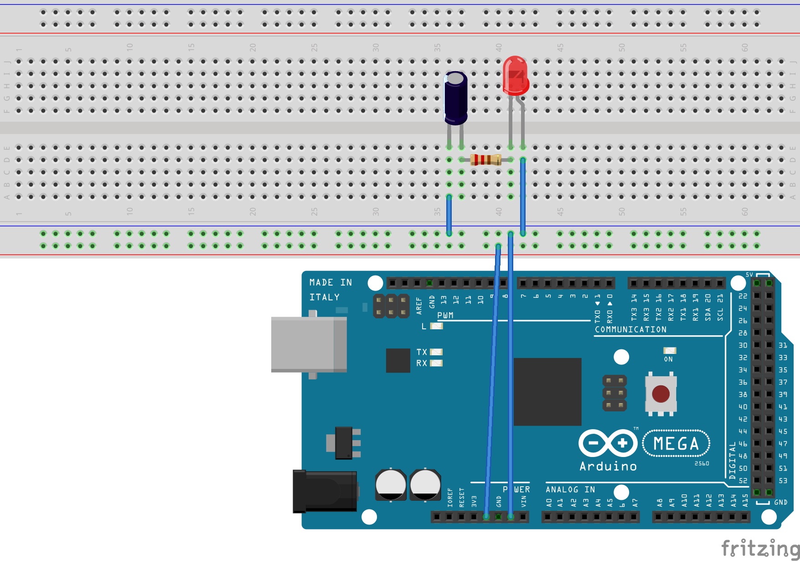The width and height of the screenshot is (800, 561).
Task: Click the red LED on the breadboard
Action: click(x=515, y=75)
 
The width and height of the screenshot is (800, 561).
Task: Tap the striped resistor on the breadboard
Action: click(x=486, y=160)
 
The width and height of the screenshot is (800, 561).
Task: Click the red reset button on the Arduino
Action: click(x=661, y=394)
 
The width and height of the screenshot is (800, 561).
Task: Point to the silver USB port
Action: click(x=309, y=344)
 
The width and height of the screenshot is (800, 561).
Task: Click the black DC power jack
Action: click(x=325, y=492)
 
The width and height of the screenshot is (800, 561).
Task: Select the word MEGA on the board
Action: click(x=676, y=443)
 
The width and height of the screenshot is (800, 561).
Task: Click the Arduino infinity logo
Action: click(x=608, y=443)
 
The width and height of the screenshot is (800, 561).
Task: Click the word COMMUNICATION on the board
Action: click(x=630, y=329)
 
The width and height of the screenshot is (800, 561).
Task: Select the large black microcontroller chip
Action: click(x=547, y=391)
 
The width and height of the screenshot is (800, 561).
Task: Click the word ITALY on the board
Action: click(x=325, y=297)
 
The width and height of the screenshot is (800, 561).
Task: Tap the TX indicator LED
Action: click(x=436, y=352)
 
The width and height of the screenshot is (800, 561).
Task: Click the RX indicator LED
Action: click(x=436, y=363)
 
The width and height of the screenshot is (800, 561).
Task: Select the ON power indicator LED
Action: click(x=669, y=350)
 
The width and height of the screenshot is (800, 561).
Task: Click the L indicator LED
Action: click(x=436, y=326)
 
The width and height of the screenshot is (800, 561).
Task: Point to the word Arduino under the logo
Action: click(x=608, y=466)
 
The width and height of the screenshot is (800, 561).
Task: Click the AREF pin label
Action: click(x=419, y=306)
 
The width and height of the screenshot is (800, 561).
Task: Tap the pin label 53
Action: click(x=783, y=481)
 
